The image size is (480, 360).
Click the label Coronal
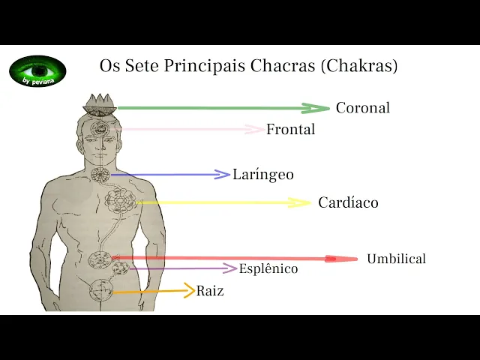tap(362, 108)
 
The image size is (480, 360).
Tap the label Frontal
tap(290, 130)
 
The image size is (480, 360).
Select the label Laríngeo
tap(262, 175)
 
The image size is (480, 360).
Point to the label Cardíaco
tap(348, 202)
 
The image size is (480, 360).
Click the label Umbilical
tap(396, 259)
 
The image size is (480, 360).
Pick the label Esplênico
tap(268, 268)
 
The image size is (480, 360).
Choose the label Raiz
tap(210, 291)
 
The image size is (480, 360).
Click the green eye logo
tap(37, 71)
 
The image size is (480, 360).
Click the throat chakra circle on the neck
tap(100, 175)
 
